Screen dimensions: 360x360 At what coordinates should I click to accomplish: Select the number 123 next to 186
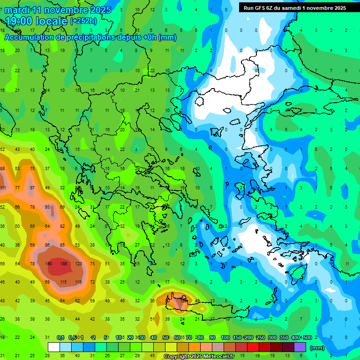(78, 264)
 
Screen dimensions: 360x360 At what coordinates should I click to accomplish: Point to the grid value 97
(32, 188)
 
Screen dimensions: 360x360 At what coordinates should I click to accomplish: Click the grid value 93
(47, 207)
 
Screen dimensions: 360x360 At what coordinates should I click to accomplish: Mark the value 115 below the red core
(63, 282)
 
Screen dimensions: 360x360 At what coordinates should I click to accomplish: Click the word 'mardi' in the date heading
(17, 10)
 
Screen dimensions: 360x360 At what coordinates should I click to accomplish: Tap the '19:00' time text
(21, 21)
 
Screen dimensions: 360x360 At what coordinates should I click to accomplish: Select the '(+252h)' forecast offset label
(83, 21)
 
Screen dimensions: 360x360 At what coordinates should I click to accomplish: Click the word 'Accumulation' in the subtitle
(28, 37)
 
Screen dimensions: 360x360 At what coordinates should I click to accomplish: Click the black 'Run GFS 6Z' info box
(294, 8)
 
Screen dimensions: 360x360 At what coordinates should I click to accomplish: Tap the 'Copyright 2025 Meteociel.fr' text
(199, 357)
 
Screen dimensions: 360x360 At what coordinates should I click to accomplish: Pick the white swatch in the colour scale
(54, 347)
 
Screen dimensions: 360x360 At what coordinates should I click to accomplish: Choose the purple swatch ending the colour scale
(300, 347)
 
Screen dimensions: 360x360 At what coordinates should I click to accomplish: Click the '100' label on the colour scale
(225, 338)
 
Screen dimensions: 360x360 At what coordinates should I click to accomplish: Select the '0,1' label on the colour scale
(60, 338)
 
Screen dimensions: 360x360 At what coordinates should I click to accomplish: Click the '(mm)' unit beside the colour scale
(317, 348)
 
